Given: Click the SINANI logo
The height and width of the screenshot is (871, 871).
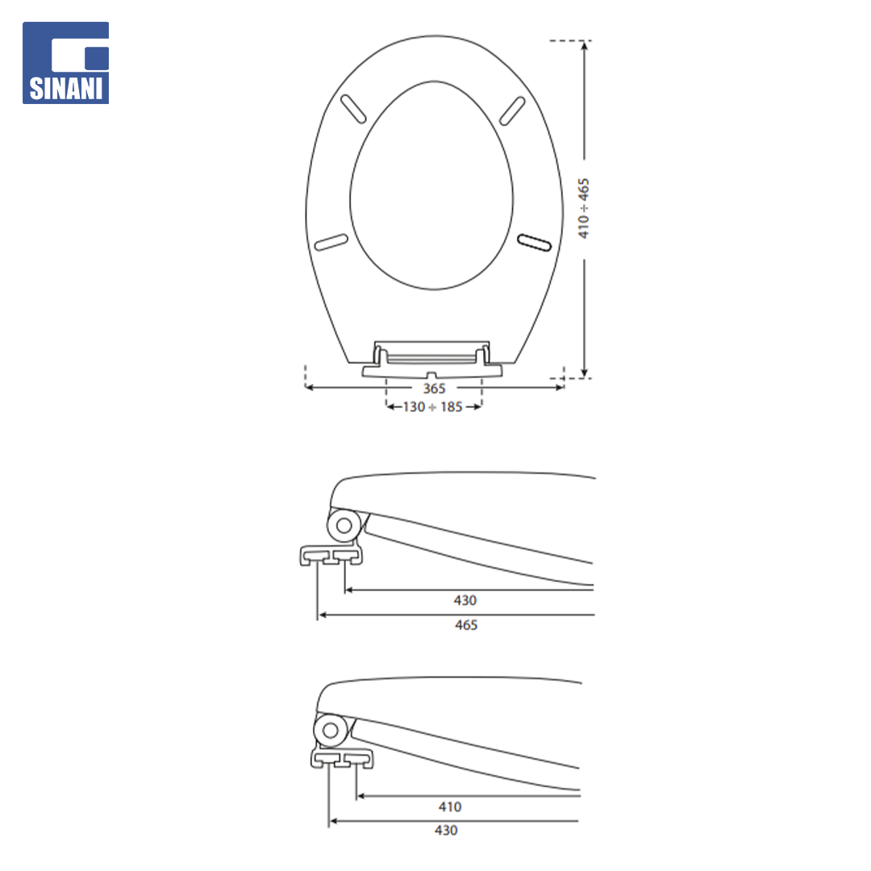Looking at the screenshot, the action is pyautogui.click(x=65, y=63).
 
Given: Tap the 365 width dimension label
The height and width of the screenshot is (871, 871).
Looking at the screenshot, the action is pyautogui.click(x=435, y=388).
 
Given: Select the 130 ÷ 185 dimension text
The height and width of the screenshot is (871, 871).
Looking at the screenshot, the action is pyautogui.click(x=433, y=407).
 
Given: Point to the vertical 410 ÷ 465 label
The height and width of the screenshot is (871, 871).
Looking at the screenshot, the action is pyautogui.click(x=583, y=208).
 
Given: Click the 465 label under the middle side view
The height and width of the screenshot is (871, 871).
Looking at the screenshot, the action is pyautogui.click(x=466, y=625).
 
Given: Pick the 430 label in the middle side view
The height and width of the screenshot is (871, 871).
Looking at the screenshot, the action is pyautogui.click(x=465, y=601).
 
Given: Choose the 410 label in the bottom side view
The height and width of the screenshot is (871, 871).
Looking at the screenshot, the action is pyautogui.click(x=450, y=806).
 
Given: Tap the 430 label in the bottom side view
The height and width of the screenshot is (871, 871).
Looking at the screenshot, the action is pyautogui.click(x=446, y=831).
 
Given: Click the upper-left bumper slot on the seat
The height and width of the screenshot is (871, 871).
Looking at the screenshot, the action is pyautogui.click(x=353, y=109).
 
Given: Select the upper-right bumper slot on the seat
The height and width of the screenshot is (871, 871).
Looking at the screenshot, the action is pyautogui.click(x=512, y=110).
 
